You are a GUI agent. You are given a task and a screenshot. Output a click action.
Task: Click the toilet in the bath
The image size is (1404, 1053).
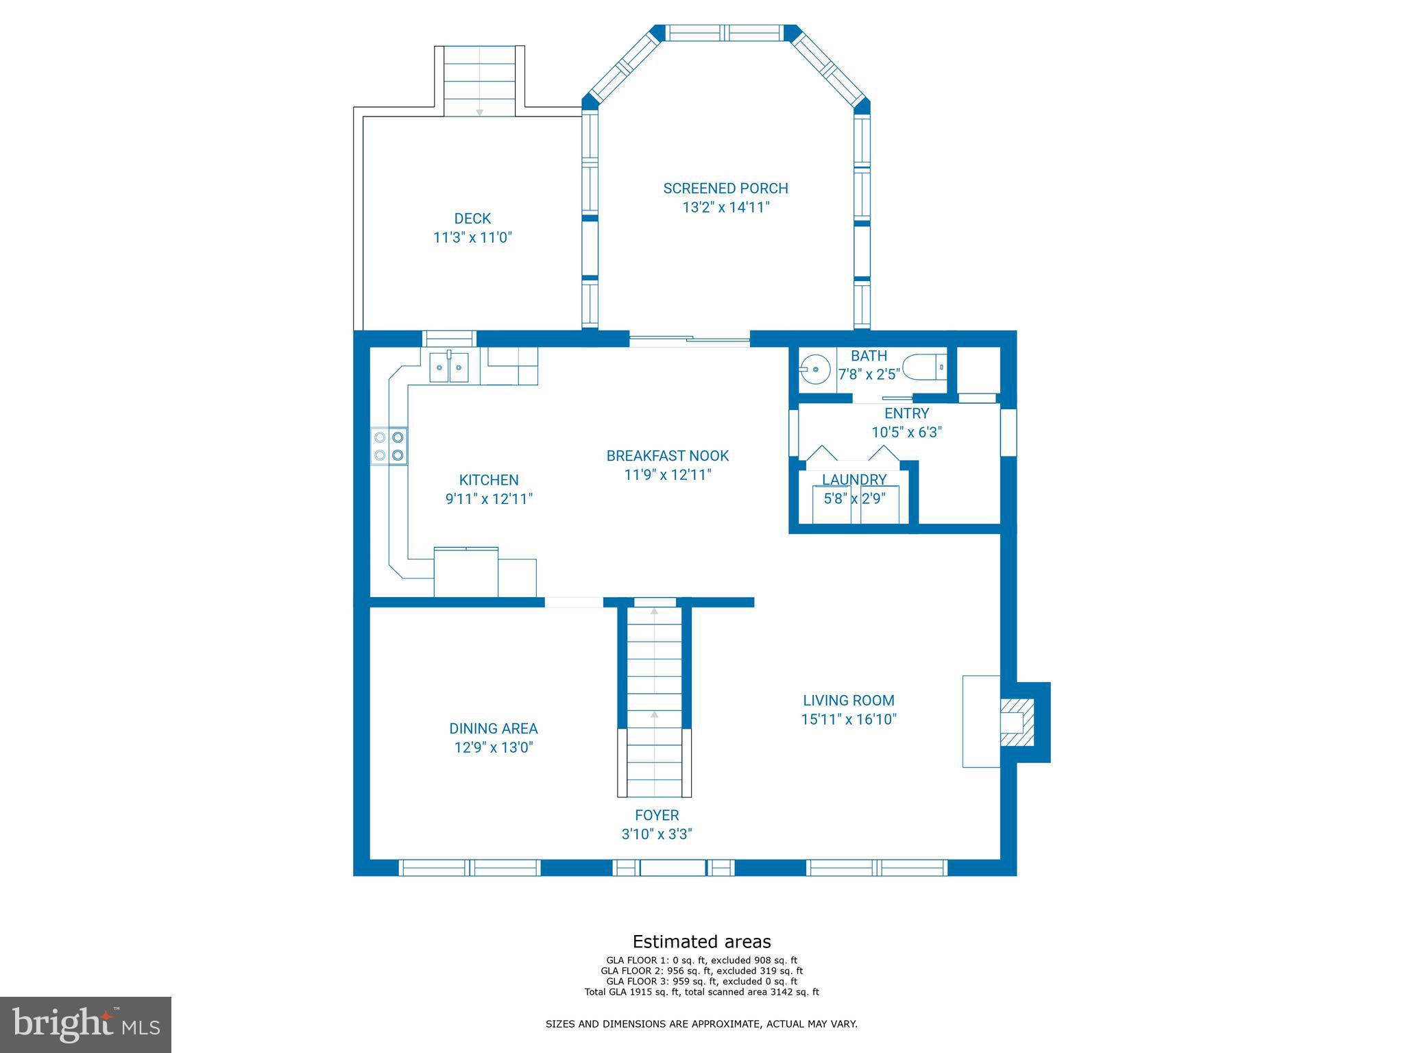[x=924, y=367]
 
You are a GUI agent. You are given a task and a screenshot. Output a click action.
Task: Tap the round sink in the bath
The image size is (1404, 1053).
[x=814, y=369]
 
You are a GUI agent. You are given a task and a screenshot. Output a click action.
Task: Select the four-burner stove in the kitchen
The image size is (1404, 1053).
[x=389, y=446]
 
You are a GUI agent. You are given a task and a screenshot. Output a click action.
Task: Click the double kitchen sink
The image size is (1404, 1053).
[x=449, y=367]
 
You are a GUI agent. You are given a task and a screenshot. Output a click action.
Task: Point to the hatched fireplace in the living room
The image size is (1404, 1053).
[x=1015, y=722]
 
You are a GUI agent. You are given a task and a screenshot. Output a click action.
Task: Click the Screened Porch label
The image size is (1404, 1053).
[x=725, y=188]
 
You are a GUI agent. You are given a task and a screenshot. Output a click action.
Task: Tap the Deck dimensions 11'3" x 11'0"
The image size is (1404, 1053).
[x=472, y=238]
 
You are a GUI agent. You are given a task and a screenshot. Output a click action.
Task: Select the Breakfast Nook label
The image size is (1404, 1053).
[x=667, y=455]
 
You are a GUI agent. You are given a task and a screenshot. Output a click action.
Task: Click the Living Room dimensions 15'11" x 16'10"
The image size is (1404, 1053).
[x=849, y=719]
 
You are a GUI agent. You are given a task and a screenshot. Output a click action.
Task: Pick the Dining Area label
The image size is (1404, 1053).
[x=493, y=728]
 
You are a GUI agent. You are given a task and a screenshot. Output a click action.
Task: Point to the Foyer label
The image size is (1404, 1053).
[x=657, y=815]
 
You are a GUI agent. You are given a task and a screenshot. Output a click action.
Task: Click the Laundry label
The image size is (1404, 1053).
[x=854, y=479]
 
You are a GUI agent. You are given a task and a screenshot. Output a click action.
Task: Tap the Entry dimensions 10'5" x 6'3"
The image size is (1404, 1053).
[x=906, y=433]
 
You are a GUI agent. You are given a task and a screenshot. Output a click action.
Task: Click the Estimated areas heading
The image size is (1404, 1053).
[x=701, y=941]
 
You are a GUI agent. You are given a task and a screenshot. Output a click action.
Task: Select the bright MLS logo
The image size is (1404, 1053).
[x=86, y=1024]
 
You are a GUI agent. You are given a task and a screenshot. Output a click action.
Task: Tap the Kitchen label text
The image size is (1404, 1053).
[x=489, y=480]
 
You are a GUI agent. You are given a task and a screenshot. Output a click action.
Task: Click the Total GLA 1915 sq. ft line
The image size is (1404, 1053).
[x=701, y=991]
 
